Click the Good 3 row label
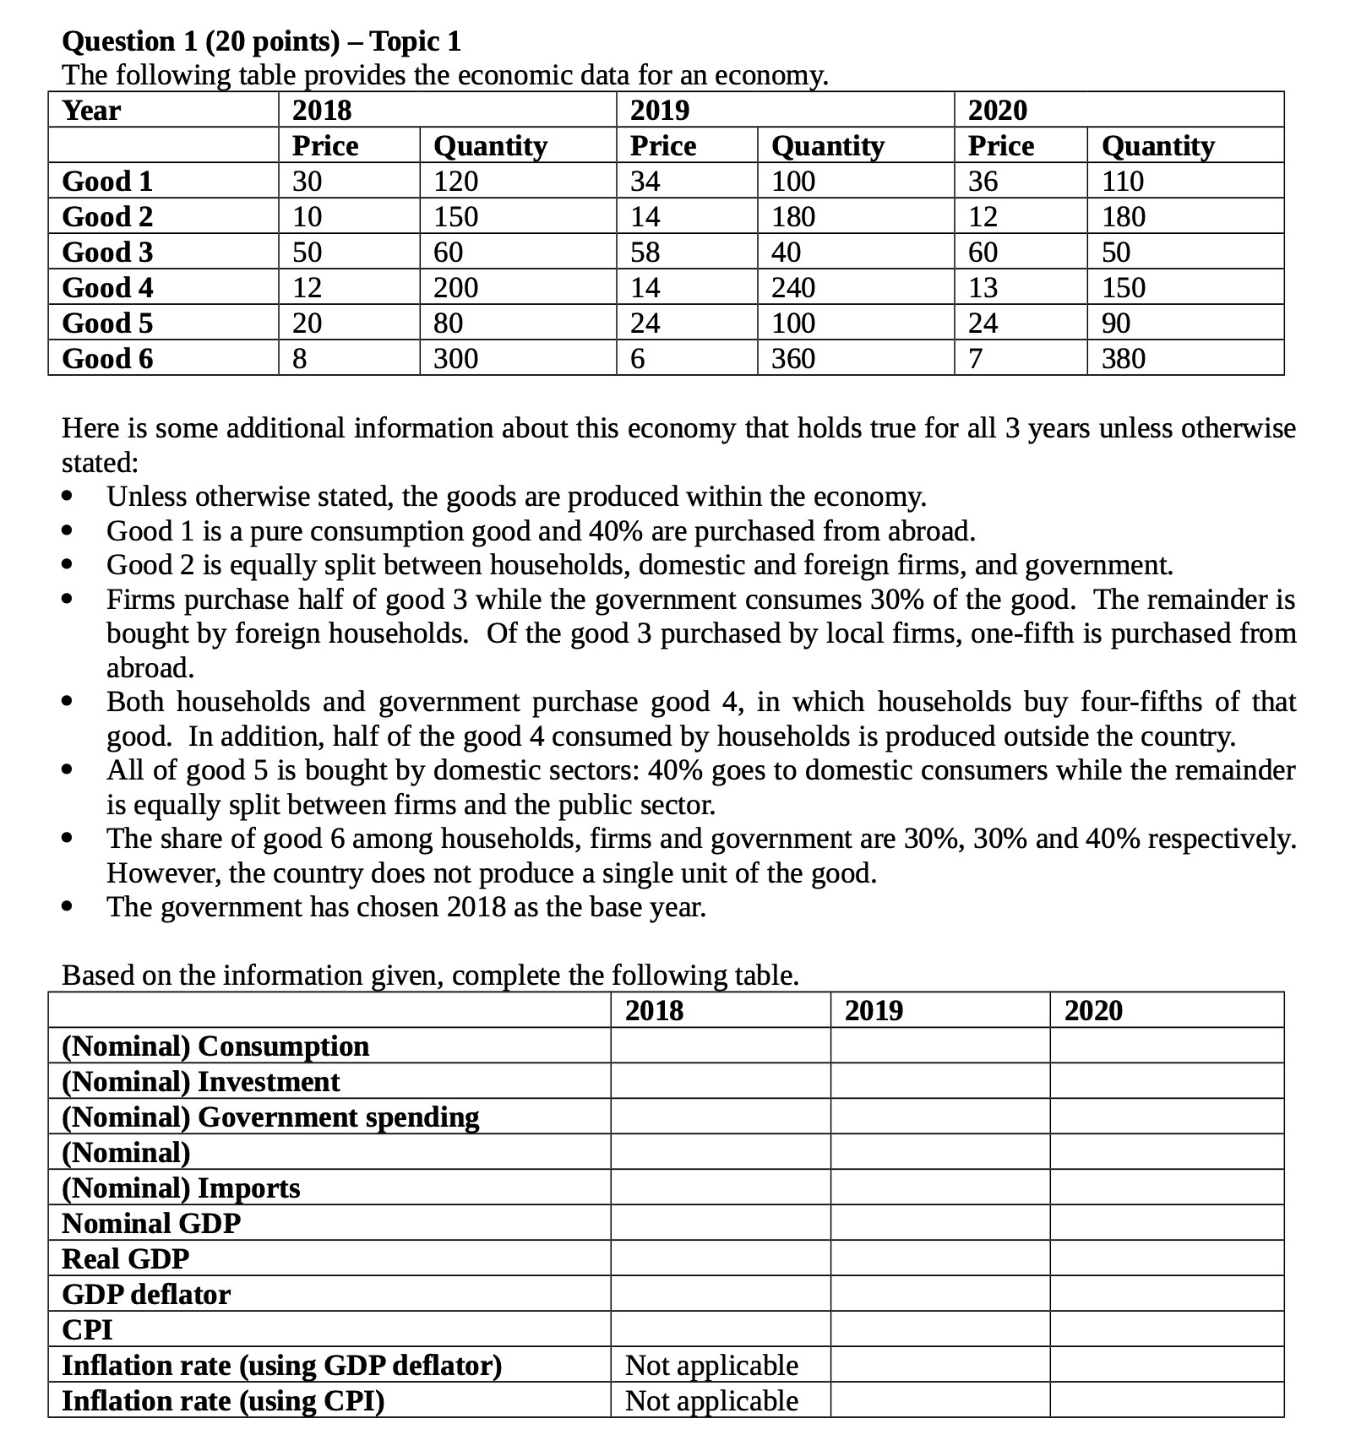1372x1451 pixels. (107, 253)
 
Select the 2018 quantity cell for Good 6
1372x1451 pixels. (455, 359)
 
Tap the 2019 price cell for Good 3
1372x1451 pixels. (645, 253)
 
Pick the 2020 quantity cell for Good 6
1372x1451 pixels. (1124, 359)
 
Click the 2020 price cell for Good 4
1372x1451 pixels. (983, 288)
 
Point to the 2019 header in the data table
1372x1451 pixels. (660, 111)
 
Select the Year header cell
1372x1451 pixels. (91, 111)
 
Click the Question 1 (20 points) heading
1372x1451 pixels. (262, 41)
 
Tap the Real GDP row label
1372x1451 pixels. (126, 1259)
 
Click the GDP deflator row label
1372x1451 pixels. (146, 1295)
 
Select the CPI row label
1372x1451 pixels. (88, 1330)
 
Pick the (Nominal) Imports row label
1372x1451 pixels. (181, 1188)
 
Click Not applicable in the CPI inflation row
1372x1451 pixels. (711, 1401)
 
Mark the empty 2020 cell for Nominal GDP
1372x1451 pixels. (1166, 1224)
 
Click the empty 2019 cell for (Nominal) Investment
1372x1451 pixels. (939, 1082)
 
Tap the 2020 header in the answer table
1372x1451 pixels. (1093, 1011)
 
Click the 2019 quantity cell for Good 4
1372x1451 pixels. (793, 288)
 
